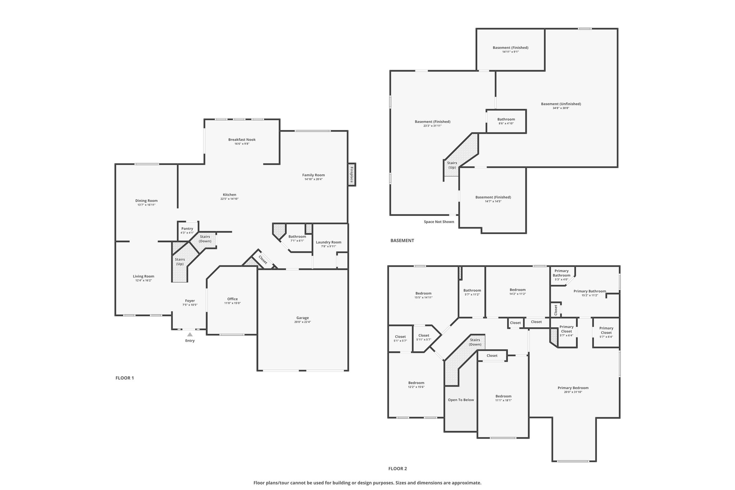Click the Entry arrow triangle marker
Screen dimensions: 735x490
pyautogui.click(x=190, y=334)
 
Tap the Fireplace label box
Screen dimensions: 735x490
pyautogui.click(x=352, y=174)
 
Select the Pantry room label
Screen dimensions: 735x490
pyautogui.click(x=187, y=229)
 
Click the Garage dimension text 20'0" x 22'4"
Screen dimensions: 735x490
pyautogui.click(x=303, y=322)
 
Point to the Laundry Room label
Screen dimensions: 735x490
pyautogui.click(x=329, y=242)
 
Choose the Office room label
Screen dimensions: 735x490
pyautogui.click(x=233, y=299)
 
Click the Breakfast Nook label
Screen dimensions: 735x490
pyautogui.click(x=242, y=140)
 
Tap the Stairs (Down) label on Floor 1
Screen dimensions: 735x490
pyautogui.click(x=205, y=239)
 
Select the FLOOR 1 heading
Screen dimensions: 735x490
pyautogui.click(x=125, y=378)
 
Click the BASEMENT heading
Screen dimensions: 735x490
pyautogui.click(x=402, y=241)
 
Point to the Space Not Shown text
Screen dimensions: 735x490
pyautogui.click(x=439, y=222)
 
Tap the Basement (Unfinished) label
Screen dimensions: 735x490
pyautogui.click(x=561, y=104)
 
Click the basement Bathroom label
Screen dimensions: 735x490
pyautogui.click(x=506, y=120)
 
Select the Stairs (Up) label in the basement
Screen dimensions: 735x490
pyautogui.click(x=452, y=165)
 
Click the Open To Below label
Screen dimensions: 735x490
pyautogui.click(x=461, y=400)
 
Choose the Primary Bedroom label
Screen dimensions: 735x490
pyautogui.click(x=573, y=388)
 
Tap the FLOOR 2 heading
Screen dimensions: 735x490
pyautogui.click(x=398, y=468)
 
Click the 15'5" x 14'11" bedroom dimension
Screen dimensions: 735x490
pyautogui.click(x=423, y=298)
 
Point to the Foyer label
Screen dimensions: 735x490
pyautogui.click(x=190, y=301)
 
